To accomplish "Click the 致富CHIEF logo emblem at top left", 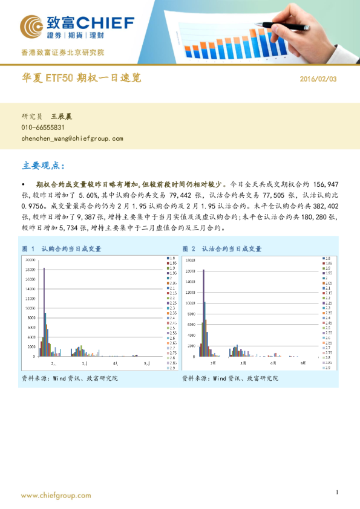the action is (x=31, y=27).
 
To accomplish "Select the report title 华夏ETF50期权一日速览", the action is (x=82, y=78).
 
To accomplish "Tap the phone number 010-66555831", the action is (x=43, y=128).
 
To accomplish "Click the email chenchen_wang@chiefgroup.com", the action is (x=72, y=138).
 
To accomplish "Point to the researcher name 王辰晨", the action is (x=61, y=116).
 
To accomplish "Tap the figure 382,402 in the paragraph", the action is (x=324, y=204).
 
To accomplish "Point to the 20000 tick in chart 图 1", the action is (x=30, y=259).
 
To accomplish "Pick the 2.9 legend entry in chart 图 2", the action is (x=328, y=368).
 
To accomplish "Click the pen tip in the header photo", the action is (x=257, y=24).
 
